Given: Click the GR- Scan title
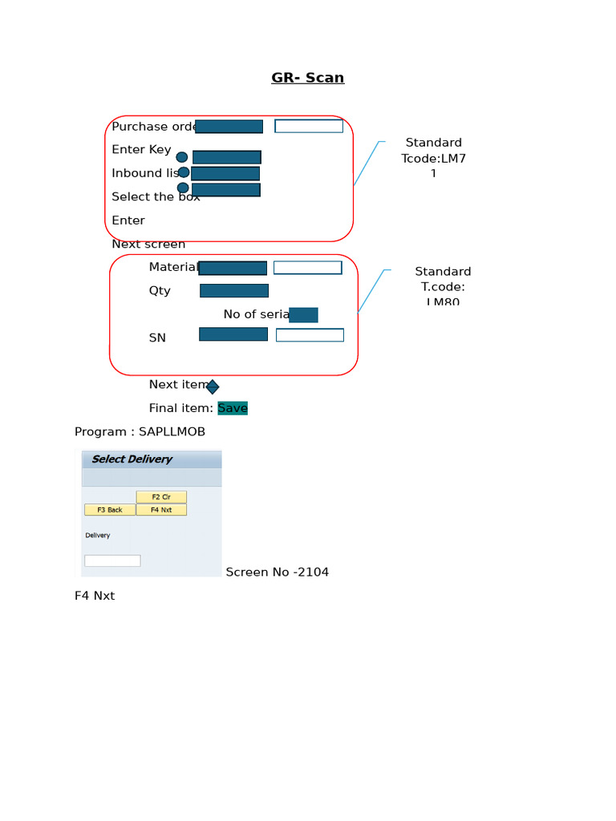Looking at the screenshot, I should pyautogui.click(x=307, y=78).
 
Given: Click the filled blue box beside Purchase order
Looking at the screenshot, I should pyautogui.click(x=229, y=127).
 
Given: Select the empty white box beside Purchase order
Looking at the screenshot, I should pyautogui.click(x=309, y=126).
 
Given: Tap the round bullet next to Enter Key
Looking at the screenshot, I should pyautogui.click(x=182, y=157).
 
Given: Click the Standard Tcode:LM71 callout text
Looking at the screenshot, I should pyautogui.click(x=433, y=158).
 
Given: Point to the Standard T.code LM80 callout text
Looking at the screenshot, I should pyautogui.click(x=443, y=286).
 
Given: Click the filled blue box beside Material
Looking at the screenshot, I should pyautogui.click(x=233, y=268).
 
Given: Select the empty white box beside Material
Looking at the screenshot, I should pyautogui.click(x=307, y=268).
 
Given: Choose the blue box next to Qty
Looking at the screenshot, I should pyautogui.click(x=234, y=290).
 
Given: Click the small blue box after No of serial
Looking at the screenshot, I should pyautogui.click(x=303, y=315).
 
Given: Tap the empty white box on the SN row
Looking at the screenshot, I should pyautogui.click(x=310, y=335).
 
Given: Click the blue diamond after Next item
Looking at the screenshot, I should pyautogui.click(x=213, y=387).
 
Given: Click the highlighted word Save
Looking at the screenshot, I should pyautogui.click(x=233, y=408).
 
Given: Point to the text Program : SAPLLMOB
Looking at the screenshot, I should pyautogui.click(x=140, y=432).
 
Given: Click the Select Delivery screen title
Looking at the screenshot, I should pyautogui.click(x=132, y=459).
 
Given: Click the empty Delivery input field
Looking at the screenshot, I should pyautogui.click(x=112, y=560).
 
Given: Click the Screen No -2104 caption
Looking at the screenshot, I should pyautogui.click(x=278, y=572).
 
